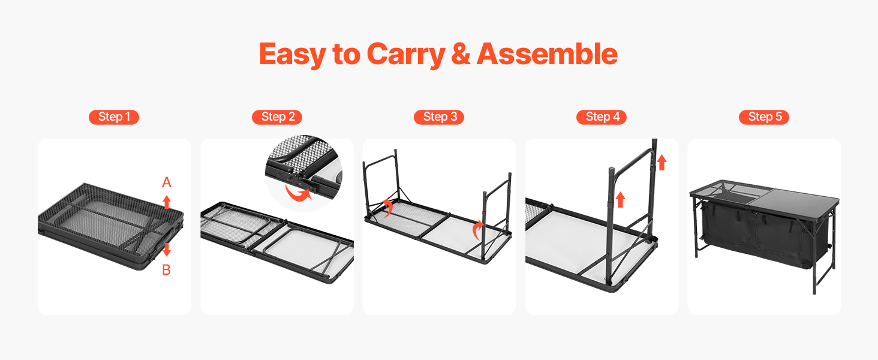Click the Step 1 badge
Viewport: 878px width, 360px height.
(114, 117)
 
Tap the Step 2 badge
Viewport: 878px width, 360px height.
(276, 117)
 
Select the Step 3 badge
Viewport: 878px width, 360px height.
(439, 117)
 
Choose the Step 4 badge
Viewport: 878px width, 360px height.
(602, 117)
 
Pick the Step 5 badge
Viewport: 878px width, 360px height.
(764, 117)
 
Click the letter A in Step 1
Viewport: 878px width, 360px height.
(167, 182)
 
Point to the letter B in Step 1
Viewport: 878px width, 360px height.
(167, 270)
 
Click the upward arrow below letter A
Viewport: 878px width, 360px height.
(167, 202)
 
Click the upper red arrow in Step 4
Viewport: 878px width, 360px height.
(661, 163)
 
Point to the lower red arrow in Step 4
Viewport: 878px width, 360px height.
(620, 200)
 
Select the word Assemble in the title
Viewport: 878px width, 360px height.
(547, 54)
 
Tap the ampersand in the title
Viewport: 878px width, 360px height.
(461, 54)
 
